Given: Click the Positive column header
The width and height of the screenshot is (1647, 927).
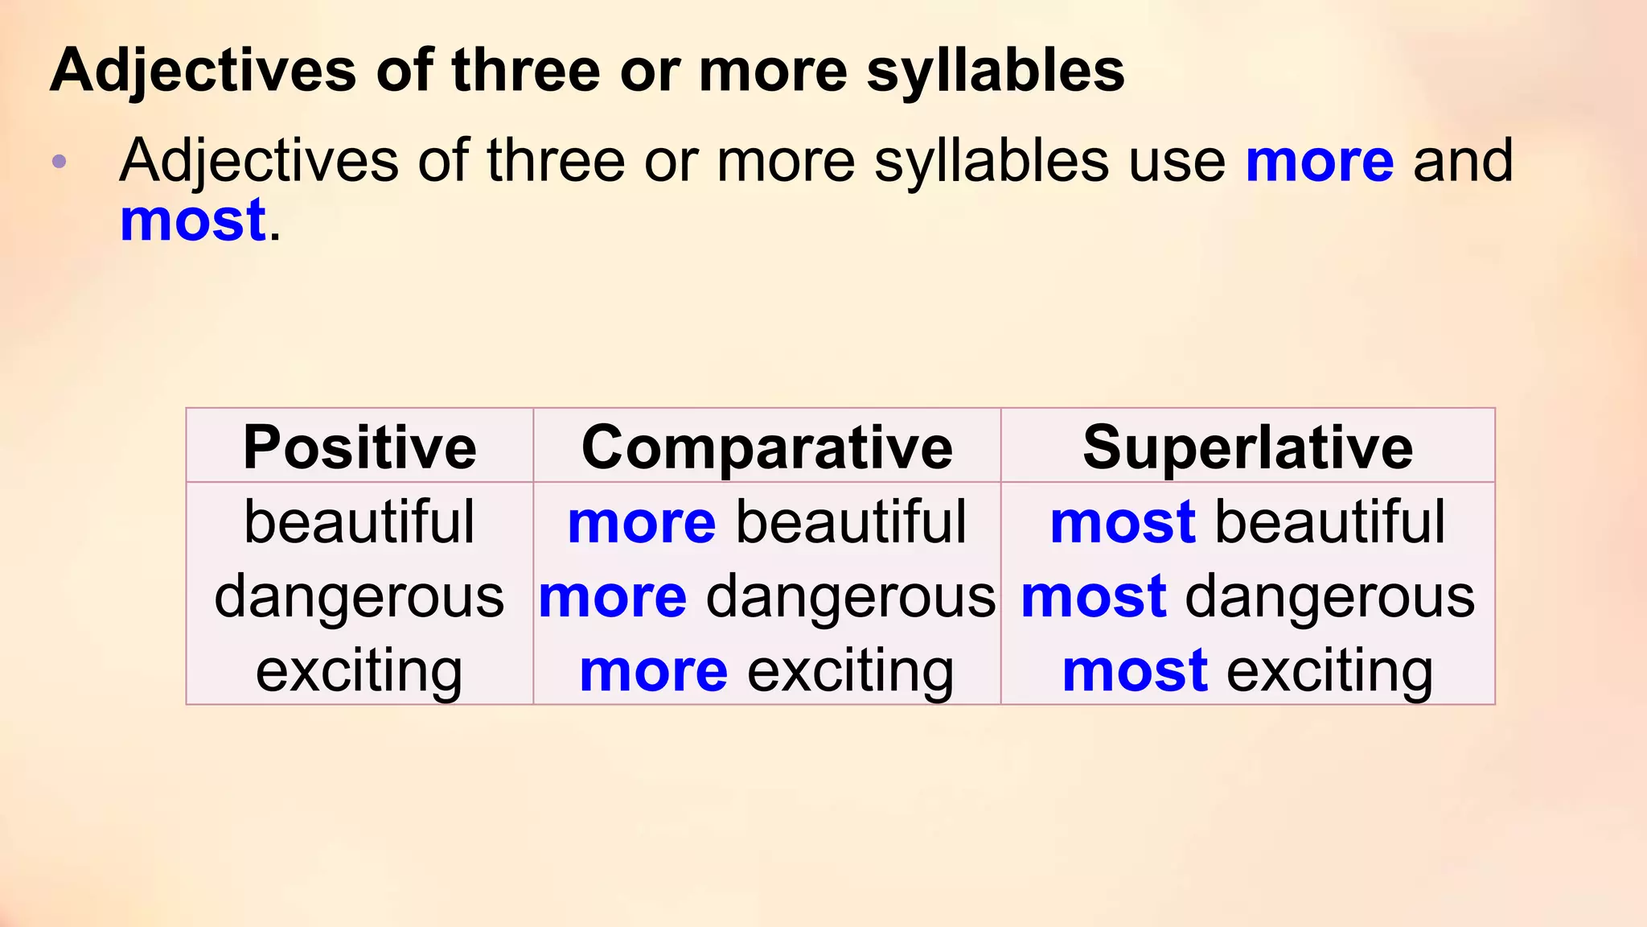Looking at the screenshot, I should pos(359,447).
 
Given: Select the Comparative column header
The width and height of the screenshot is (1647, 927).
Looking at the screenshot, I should pos(766,447).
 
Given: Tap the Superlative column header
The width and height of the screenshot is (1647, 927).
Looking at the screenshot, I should pos(1247,447).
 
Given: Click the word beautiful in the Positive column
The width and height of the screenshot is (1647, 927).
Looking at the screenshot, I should pos(359,522).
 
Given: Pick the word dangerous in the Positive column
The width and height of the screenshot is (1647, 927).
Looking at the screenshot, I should pos(359,597).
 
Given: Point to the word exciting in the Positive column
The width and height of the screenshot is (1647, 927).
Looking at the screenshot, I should pos(359,671).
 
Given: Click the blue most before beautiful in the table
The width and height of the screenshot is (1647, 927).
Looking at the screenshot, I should pos(1123,523).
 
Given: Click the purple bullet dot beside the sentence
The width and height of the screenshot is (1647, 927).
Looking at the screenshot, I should pos(59,163).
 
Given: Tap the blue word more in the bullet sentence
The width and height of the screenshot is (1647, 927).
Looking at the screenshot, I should pos(1320,162).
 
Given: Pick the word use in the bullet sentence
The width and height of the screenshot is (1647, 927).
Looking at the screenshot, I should pos(1177,161).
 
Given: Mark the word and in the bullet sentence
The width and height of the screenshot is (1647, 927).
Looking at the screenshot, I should pos(1463,161).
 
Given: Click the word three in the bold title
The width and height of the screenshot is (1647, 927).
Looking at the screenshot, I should pos(526,71).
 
